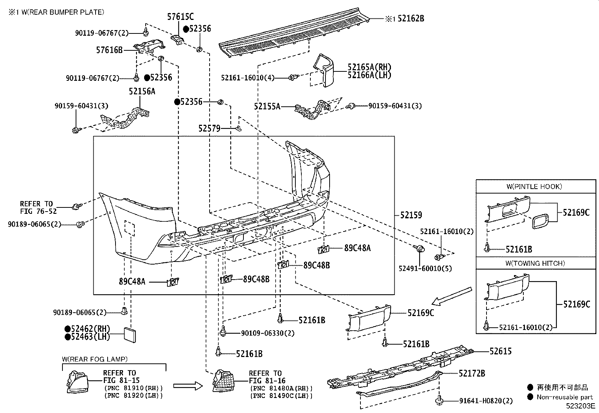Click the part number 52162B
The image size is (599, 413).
[410, 18]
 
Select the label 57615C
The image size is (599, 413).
[181, 17]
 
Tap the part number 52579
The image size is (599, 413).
[209, 129]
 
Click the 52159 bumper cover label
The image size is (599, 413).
[411, 215]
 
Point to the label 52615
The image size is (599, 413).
[500, 351]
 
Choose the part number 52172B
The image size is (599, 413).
[471, 374]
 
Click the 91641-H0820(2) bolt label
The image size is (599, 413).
[486, 401]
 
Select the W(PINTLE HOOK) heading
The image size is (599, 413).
[534, 186]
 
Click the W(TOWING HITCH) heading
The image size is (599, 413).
[535, 263]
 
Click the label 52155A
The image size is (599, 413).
[267, 107]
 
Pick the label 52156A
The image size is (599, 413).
[141, 91]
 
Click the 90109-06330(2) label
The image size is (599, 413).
[268, 333]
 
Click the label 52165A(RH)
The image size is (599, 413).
[369, 67]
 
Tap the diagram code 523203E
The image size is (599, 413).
[581, 406]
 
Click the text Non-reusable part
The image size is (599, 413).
[564, 397]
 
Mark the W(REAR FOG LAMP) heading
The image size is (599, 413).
[95, 359]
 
